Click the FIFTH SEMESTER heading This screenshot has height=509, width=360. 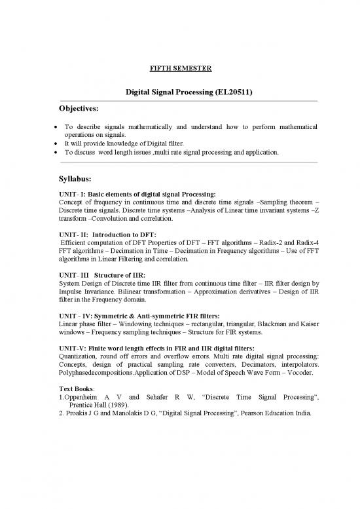180,67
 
